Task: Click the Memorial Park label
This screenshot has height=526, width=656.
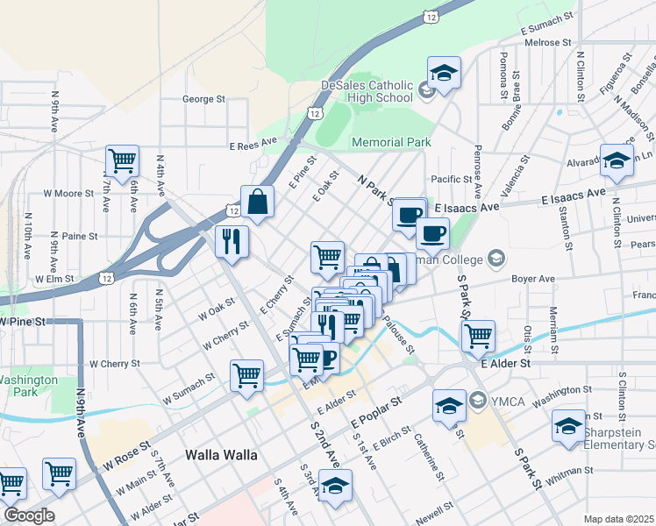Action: coord(391,142)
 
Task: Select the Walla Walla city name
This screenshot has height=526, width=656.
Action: coord(221,455)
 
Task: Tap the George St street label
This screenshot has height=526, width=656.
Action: coord(203,100)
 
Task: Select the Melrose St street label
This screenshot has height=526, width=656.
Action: coord(548,42)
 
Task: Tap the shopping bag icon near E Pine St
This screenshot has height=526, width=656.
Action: coord(259,202)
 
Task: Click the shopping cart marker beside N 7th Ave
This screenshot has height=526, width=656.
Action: coord(122,160)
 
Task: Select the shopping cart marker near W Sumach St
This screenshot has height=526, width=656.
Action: coord(246,375)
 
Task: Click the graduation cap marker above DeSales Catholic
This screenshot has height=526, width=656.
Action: coord(444,72)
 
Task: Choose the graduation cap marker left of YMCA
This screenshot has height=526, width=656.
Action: coord(449,404)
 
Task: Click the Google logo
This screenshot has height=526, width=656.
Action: coord(29,515)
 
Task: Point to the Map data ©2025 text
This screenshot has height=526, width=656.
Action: coord(618,519)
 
